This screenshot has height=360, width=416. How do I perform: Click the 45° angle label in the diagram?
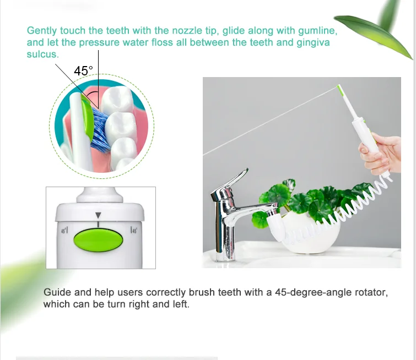tap(83, 72)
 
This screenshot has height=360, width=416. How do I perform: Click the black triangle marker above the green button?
tap(98, 216)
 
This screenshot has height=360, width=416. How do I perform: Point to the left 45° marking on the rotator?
tap(64, 231)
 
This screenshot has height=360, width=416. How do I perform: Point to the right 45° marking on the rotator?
tap(133, 231)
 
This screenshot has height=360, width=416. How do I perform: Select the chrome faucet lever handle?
tap(229, 184)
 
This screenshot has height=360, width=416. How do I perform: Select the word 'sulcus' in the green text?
tap(42, 54)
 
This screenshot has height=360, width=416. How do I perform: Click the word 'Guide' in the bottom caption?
tap(57, 292)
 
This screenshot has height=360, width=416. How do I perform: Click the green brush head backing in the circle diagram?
tap(87, 116)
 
